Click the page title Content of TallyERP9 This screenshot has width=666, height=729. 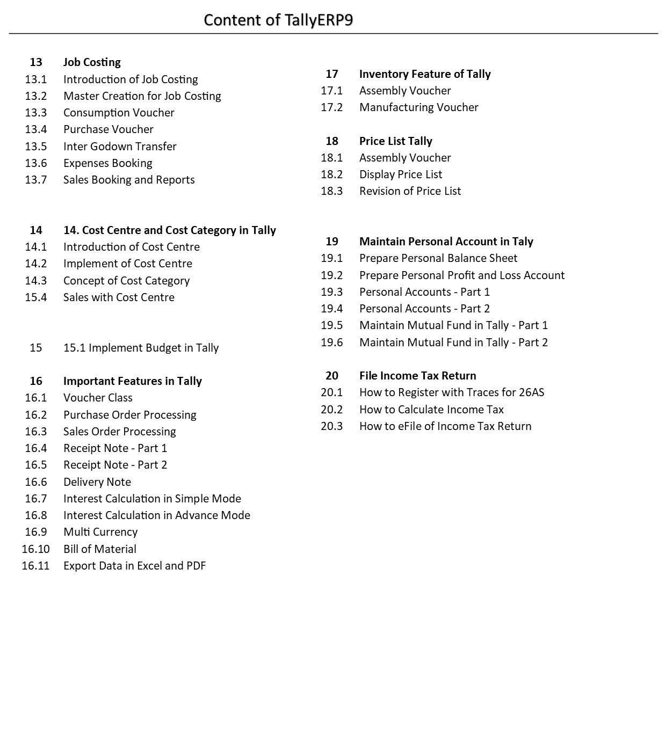(278, 20)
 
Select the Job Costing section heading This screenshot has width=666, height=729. (92, 62)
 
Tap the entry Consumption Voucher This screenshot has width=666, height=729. (119, 113)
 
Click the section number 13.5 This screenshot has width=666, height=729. (35, 147)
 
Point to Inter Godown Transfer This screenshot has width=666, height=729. (120, 147)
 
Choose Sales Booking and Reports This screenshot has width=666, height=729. (129, 180)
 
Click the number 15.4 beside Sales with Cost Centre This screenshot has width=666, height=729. (35, 297)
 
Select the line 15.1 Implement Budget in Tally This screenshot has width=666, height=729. (141, 348)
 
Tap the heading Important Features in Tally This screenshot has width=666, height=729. (132, 381)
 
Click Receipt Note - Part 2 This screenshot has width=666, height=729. (115, 465)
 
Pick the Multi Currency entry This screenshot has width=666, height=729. (100, 532)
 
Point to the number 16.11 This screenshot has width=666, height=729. (35, 566)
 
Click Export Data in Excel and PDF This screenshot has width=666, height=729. (134, 566)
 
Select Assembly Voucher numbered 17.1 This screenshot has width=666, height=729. (405, 91)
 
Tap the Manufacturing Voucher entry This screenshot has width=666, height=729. (418, 107)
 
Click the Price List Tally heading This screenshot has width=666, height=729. (395, 141)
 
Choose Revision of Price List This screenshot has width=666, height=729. (410, 191)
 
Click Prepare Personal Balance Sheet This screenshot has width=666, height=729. (438, 258)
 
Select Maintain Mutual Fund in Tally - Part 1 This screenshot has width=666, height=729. (453, 325)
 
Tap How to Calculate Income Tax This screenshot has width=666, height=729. (431, 410)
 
